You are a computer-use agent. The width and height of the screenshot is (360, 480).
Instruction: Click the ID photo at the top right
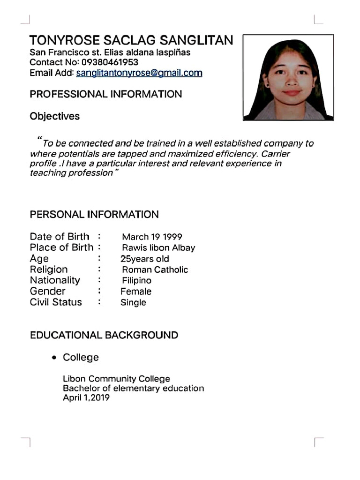(x=288, y=77)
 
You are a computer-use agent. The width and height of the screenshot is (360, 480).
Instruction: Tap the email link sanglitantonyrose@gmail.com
(x=139, y=73)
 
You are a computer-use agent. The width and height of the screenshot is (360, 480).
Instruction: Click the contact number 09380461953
(x=110, y=62)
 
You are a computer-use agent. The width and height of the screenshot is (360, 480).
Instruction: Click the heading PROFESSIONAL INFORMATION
(x=105, y=94)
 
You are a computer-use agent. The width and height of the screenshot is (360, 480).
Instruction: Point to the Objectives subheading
(x=54, y=116)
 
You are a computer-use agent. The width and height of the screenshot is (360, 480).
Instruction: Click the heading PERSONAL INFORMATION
(x=94, y=215)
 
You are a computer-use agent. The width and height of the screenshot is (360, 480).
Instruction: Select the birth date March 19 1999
(x=152, y=237)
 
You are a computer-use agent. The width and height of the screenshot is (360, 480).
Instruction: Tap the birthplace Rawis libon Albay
(x=158, y=248)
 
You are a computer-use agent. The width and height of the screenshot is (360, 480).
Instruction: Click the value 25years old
(x=145, y=259)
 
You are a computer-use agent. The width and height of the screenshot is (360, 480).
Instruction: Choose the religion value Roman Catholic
(x=155, y=270)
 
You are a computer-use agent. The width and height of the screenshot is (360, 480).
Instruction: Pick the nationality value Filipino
(x=136, y=281)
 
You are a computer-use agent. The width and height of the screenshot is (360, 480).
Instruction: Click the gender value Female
(x=136, y=292)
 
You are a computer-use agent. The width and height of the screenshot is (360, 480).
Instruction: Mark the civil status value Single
(x=133, y=303)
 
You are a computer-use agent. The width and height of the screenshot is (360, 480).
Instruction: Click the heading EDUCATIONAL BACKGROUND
(x=104, y=336)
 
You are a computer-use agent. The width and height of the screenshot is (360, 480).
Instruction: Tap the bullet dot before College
(x=55, y=358)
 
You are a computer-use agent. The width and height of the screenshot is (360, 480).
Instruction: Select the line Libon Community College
(x=116, y=379)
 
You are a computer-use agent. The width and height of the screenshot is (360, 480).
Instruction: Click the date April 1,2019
(x=86, y=398)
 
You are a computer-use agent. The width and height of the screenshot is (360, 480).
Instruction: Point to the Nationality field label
(x=55, y=280)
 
